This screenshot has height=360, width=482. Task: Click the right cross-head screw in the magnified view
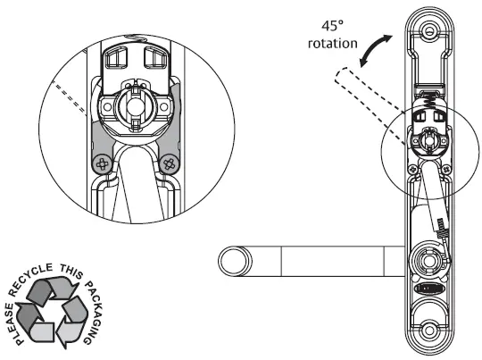coord(169,163)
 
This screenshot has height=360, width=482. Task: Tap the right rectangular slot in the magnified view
coord(153,59)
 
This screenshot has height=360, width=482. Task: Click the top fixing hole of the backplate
coord(430,30)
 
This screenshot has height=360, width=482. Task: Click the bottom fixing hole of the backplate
coord(430,329)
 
